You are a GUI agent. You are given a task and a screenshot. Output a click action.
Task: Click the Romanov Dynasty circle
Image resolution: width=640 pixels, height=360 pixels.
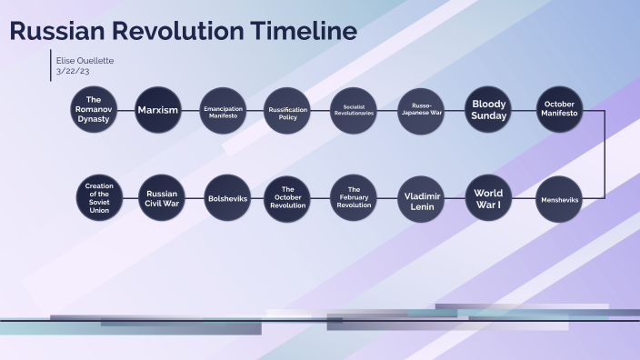click(93, 110)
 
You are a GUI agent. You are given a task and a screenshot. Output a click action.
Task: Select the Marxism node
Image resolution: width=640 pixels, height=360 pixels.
click(158, 110)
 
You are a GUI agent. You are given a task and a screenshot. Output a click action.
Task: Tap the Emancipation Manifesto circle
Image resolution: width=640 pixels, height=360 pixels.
click(224, 110)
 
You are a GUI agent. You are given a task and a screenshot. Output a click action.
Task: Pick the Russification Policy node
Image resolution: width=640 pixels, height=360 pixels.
click(288, 110)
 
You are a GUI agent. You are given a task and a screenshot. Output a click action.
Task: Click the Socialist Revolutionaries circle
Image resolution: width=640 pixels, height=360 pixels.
click(354, 110)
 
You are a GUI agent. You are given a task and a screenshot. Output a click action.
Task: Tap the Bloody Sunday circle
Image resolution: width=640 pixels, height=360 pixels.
click(489, 110)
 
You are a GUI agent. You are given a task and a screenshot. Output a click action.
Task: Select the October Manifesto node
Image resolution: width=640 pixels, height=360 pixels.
click(559, 110)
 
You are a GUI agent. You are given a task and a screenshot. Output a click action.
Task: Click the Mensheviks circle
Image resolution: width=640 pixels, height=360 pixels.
click(559, 198)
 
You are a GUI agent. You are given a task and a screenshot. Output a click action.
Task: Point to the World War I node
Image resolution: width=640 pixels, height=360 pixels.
click(489, 198)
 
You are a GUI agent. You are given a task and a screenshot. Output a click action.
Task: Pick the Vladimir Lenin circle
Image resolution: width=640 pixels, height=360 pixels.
click(422, 198)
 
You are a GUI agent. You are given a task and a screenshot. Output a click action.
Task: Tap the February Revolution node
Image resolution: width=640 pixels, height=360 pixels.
click(354, 198)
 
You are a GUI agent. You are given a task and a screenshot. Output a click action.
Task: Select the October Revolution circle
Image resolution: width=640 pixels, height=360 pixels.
click(288, 198)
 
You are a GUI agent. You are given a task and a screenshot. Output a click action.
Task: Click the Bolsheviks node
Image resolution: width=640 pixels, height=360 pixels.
click(227, 198)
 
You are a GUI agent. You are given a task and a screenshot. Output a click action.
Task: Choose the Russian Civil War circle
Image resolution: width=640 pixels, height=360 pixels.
click(162, 198)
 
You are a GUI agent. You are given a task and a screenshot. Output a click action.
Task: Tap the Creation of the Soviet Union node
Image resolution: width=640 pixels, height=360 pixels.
click(99, 198)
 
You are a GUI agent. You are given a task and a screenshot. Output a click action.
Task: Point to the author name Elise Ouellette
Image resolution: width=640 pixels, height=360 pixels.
click(85, 60)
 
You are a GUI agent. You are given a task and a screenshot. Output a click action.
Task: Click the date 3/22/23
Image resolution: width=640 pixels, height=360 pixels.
click(73, 71)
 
